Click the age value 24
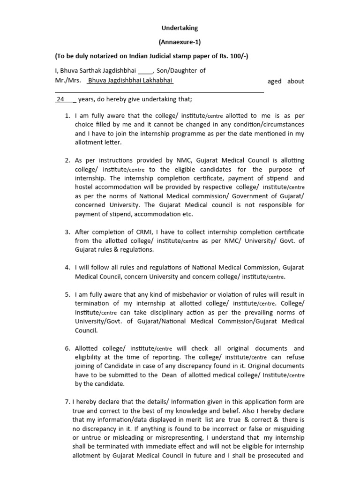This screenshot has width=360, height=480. point(60,100)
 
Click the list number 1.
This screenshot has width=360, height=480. point(67,116)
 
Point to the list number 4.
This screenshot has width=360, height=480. point(67,268)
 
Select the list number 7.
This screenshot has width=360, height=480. point(67,402)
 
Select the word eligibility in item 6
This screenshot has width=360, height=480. point(91,357)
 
